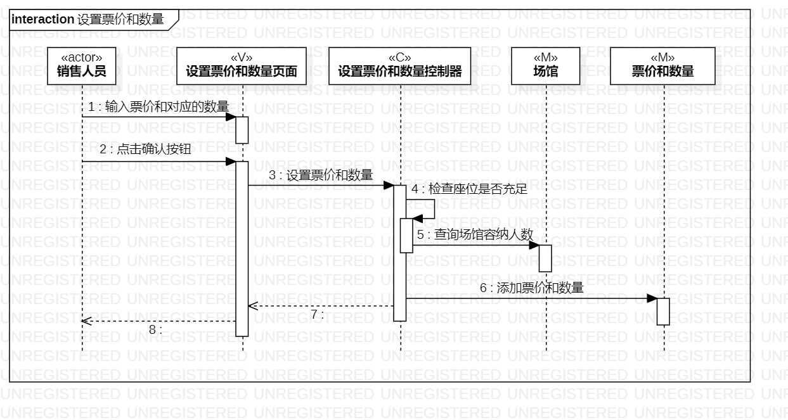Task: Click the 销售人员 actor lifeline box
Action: (81, 66)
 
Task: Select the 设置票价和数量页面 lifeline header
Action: (242, 66)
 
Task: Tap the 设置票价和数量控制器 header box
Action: (400, 66)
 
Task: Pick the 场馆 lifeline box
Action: (545, 66)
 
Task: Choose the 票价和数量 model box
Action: (662, 66)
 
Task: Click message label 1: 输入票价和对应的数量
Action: (158, 106)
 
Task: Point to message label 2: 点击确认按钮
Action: (145, 150)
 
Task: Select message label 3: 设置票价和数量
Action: (321, 175)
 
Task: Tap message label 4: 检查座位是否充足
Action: (469, 189)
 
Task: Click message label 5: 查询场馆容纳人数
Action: (475, 234)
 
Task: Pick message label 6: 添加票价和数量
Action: (531, 288)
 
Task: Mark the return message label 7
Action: (317, 314)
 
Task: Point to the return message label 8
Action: (155, 329)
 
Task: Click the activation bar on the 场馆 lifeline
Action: (545, 258)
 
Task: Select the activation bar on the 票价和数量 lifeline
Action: (663, 311)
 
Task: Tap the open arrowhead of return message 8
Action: (86, 321)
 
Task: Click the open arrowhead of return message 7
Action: (252, 306)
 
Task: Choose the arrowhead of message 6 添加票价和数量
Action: (652, 298)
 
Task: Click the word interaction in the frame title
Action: (42, 19)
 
